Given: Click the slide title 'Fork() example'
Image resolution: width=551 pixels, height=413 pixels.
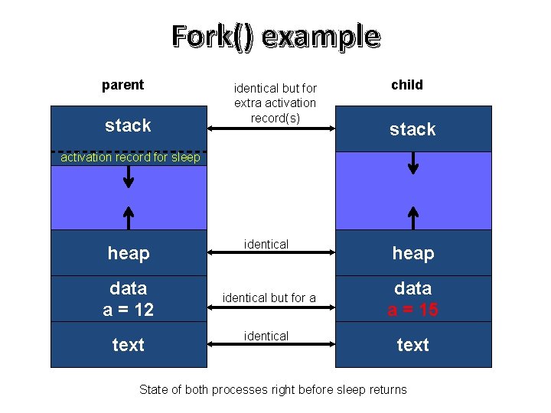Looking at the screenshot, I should click(275, 36).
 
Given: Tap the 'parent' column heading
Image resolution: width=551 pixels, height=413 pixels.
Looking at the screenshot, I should click(122, 85).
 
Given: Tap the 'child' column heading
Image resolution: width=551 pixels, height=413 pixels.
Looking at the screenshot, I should click(406, 85).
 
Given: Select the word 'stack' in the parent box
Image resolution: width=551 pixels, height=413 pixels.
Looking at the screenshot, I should click(128, 125).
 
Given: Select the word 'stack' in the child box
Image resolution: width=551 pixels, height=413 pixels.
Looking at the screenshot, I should click(412, 129).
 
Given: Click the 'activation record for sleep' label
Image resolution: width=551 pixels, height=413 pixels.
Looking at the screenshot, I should click(130, 158).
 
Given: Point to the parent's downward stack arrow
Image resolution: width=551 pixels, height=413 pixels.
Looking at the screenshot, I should click(129, 176).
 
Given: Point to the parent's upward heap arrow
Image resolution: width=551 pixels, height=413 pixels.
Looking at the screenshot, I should click(129, 217).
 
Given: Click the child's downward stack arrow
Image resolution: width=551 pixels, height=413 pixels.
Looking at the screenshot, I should click(413, 163).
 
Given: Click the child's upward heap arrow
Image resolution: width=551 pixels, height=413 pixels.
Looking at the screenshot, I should click(413, 217).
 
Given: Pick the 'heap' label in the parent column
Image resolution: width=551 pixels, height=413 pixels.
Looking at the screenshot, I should click(129, 253).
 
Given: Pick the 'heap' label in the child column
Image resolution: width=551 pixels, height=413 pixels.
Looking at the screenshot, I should click(413, 253).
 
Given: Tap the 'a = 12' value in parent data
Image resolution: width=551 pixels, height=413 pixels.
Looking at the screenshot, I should click(129, 309).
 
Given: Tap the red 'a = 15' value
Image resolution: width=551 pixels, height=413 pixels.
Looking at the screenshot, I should click(413, 309).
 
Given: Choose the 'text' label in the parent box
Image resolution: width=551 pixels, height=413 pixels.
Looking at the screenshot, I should click(129, 345).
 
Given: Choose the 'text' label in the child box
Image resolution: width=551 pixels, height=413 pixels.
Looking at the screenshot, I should click(413, 345).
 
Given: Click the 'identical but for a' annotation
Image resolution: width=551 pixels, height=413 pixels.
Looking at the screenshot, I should click(269, 298).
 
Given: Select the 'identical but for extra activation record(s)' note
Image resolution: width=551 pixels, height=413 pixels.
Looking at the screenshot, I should click(275, 103).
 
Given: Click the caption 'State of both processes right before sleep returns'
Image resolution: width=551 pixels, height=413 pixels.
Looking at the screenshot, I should click(273, 390).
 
